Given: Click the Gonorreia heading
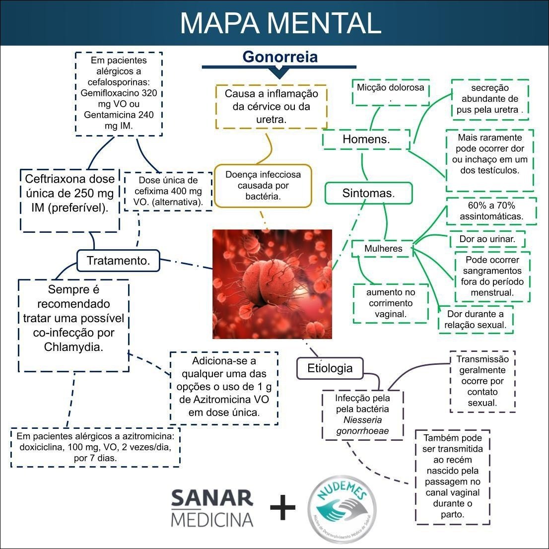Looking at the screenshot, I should pos(280,57).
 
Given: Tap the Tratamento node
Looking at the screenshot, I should pos(118,261).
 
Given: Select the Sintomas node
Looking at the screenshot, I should pos(368,193).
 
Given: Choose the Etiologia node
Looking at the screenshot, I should pos(330,368).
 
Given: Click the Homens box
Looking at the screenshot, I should pos(366,139).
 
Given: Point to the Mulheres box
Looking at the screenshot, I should pos(383,248).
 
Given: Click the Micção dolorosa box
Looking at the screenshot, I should pos(391,92).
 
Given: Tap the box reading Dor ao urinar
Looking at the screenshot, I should pos(487,239).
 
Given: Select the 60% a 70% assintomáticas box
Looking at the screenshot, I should pos(491,211).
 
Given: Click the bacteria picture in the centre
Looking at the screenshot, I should pos(272,284).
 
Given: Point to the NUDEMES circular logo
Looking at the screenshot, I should pos(342,507).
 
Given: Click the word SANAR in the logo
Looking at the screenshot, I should pos(212,499).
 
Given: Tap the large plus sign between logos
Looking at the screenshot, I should pos(282,507).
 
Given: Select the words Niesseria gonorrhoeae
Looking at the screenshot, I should pos(362,425).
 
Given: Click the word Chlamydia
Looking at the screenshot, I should pos(73,346).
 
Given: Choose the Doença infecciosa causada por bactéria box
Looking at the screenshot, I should pos(263,186).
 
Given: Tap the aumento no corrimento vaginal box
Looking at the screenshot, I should pos(390,303).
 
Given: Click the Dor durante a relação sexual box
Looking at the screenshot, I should pos(476,320).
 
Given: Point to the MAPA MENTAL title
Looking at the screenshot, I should pos(280,23).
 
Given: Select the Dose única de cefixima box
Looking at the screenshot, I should pos(168,191).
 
